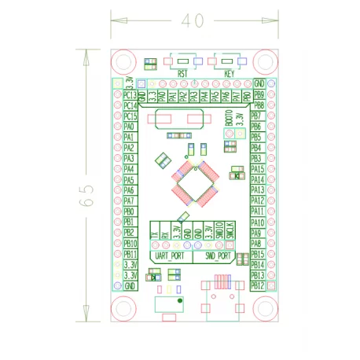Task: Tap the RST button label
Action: click(x=182, y=73)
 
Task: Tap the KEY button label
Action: click(x=230, y=73)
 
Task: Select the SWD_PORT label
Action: click(x=218, y=256)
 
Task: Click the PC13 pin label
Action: click(x=130, y=94)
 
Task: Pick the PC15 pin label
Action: click(x=130, y=116)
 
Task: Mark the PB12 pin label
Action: click(x=257, y=286)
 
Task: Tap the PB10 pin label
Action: click(x=130, y=244)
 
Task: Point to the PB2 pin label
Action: click(x=130, y=233)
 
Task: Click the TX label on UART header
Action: click(x=155, y=233)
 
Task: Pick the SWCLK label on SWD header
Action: click(x=230, y=232)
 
